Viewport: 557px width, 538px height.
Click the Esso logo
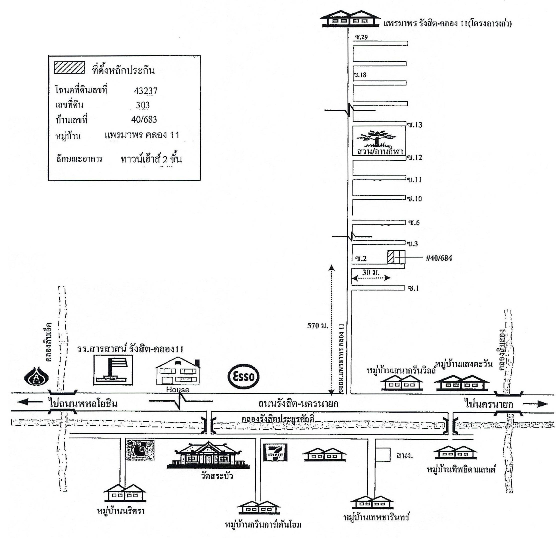tap(243, 376)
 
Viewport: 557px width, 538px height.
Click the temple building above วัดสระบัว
tap(208, 455)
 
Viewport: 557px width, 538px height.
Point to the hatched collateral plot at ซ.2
tap(391, 257)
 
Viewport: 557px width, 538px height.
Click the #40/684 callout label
tap(439, 258)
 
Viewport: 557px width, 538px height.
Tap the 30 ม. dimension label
tap(371, 272)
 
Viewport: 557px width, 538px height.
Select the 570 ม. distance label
tap(317, 326)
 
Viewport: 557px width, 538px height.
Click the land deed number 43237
tap(145, 91)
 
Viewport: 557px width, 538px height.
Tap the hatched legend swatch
tap(69, 68)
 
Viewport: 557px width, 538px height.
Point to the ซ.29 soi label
tap(361, 37)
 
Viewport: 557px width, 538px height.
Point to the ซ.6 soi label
tap(414, 223)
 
